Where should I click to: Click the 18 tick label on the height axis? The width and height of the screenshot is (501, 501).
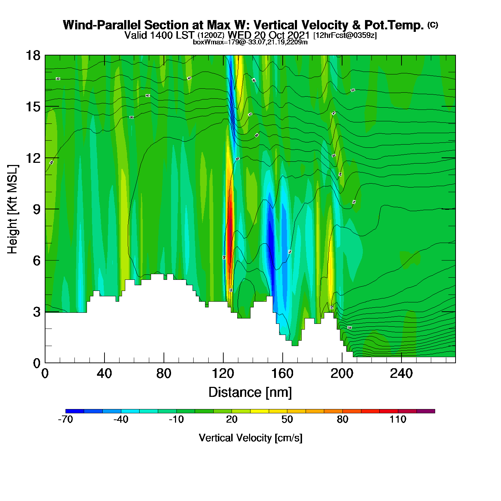click(33, 55)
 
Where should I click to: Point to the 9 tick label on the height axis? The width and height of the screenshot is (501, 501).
click(37, 209)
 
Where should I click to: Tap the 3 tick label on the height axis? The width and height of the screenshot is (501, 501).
click(37, 312)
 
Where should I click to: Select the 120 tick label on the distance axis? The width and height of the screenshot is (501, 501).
click(223, 374)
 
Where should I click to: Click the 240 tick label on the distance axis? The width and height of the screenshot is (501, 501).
click(401, 374)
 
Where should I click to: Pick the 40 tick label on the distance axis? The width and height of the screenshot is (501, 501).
click(104, 374)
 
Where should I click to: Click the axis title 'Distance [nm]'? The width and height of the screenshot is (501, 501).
click(250, 393)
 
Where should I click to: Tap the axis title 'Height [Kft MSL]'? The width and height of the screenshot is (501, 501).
click(13, 209)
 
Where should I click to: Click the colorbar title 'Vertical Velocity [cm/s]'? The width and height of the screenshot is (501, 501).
click(250, 438)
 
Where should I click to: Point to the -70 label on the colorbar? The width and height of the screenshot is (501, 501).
click(65, 419)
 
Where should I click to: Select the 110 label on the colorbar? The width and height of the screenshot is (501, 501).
click(398, 419)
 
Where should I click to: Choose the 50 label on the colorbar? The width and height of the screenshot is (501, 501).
click(287, 419)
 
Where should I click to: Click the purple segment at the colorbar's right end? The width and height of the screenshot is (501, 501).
click(426, 411)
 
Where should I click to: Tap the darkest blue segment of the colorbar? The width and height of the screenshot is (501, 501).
click(75, 411)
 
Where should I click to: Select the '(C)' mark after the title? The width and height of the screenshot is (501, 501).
click(433, 25)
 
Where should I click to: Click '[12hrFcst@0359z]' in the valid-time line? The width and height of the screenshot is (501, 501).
click(345, 35)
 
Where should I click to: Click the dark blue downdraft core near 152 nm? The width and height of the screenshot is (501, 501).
click(271, 243)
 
